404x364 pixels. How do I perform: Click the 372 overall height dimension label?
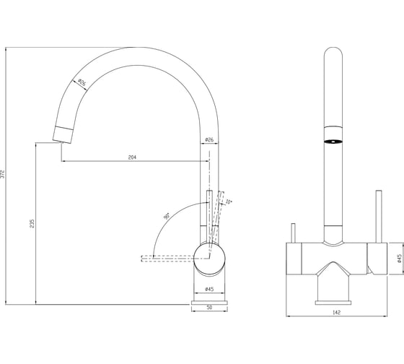click(3, 174)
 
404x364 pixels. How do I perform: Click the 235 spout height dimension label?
click(32, 223)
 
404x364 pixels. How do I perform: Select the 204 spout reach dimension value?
click(132, 157)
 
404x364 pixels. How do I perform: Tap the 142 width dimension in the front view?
click(336, 313)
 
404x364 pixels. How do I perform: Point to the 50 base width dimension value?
click(209, 307)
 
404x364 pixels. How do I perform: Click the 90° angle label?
click(167, 216)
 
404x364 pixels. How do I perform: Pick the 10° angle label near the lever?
click(229, 201)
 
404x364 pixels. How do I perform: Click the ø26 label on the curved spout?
click(82, 82)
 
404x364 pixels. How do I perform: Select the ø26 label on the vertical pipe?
click(209, 139)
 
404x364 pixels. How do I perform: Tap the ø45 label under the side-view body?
click(209, 289)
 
